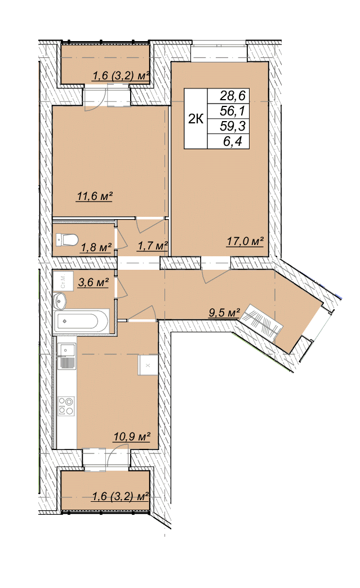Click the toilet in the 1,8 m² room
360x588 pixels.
(66, 239)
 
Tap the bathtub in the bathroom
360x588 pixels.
(82, 321)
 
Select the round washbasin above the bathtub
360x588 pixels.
(60, 300)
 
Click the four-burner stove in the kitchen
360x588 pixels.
(66, 406)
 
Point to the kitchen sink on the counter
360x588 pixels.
(66, 357)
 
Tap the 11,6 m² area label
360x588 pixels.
(95, 196)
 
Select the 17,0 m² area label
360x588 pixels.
(245, 241)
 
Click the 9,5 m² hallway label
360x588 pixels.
(224, 312)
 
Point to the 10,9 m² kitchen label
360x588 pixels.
(132, 436)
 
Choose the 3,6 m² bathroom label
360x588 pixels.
(94, 282)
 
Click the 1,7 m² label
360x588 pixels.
(152, 246)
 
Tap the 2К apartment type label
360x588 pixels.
(195, 119)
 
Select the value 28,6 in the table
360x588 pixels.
(233, 96)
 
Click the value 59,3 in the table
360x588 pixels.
(233, 126)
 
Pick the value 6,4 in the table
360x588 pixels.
(233, 141)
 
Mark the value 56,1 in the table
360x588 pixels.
(233, 110)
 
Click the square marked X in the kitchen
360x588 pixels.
(148, 365)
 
